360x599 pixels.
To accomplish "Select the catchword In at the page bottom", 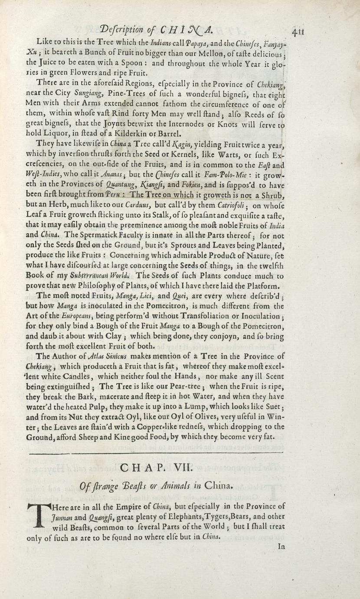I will click(x=281, y=547).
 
